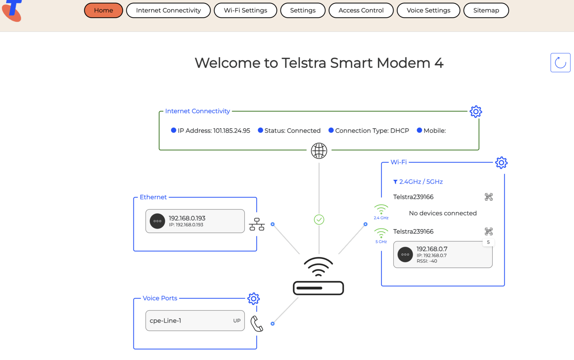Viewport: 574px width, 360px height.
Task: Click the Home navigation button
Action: coord(104,10)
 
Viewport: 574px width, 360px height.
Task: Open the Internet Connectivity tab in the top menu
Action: coord(168,10)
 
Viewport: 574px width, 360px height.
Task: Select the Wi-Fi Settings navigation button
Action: coord(245,10)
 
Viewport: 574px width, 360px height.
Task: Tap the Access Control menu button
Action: coord(361,10)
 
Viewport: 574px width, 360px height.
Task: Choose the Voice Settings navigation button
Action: coord(428,10)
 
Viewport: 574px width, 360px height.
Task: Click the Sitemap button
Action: coord(486,10)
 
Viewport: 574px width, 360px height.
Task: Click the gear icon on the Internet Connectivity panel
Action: coord(476,112)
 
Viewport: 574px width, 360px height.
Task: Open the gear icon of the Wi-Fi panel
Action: coord(501,163)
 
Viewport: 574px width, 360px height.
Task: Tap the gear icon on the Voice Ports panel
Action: coord(253,299)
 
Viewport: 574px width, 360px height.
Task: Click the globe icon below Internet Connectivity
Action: coord(319,151)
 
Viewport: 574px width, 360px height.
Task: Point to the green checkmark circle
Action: coord(319,219)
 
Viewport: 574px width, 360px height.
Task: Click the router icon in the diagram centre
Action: coord(318,277)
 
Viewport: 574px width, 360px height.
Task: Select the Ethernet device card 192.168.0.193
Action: coord(195,221)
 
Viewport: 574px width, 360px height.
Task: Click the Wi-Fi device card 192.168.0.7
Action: coord(442,255)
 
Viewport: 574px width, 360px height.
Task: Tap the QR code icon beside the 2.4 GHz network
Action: coord(488,197)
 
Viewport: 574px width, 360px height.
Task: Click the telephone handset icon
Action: coord(257,324)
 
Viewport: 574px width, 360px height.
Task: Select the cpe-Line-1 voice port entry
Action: coord(195,321)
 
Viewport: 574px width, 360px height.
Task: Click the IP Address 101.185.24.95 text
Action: coord(213,131)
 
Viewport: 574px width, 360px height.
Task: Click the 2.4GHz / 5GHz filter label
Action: coord(420,182)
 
